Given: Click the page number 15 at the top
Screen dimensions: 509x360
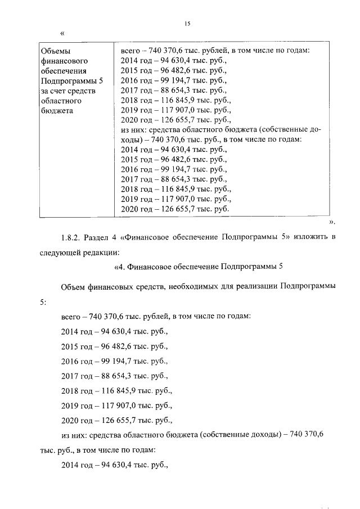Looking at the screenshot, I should point(188,23).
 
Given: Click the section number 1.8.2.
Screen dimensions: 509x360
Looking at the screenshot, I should point(70,237).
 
